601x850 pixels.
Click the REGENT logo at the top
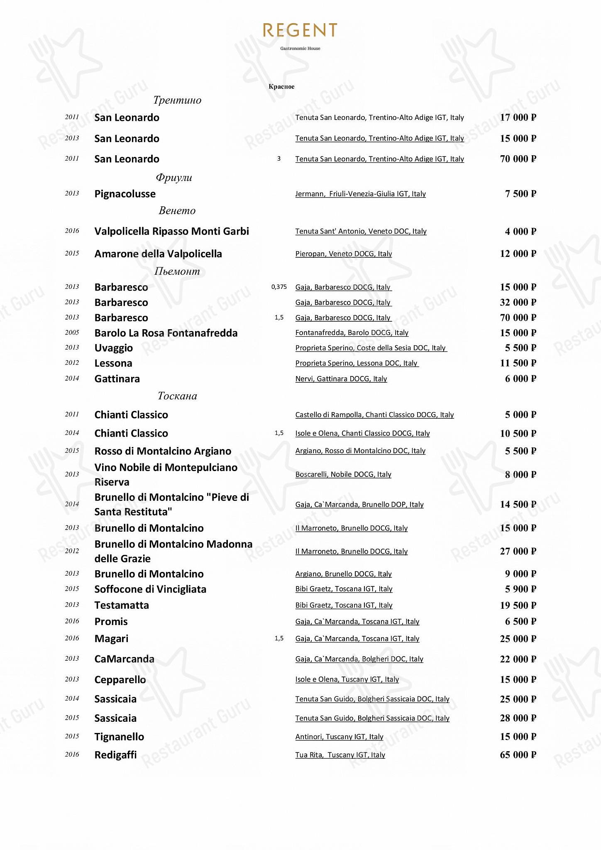pos(300,31)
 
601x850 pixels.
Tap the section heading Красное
pos(281,86)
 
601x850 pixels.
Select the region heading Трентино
pos(177,100)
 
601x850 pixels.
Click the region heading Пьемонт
pos(177,271)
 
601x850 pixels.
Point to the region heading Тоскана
pos(177,396)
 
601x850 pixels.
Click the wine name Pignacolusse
pos(125,194)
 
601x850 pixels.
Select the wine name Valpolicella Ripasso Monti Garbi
pos(172,231)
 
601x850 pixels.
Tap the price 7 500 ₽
pos(520,194)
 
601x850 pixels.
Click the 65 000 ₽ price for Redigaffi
pos(518,755)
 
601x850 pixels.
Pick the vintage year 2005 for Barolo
pos(72,332)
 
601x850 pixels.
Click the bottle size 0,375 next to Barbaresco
pos(279,287)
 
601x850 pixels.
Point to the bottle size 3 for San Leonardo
pos(279,159)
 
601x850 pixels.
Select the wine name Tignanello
pos(119,737)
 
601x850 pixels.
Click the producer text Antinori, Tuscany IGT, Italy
pos(339,737)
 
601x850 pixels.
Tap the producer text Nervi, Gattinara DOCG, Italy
pos(341,379)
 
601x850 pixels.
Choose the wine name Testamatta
pos(122,605)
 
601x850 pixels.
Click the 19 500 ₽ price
pos(518,606)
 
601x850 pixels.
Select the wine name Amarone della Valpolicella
pos(158,254)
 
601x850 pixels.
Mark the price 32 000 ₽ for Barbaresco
pos(518,303)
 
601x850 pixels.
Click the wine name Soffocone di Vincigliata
pos(150,589)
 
